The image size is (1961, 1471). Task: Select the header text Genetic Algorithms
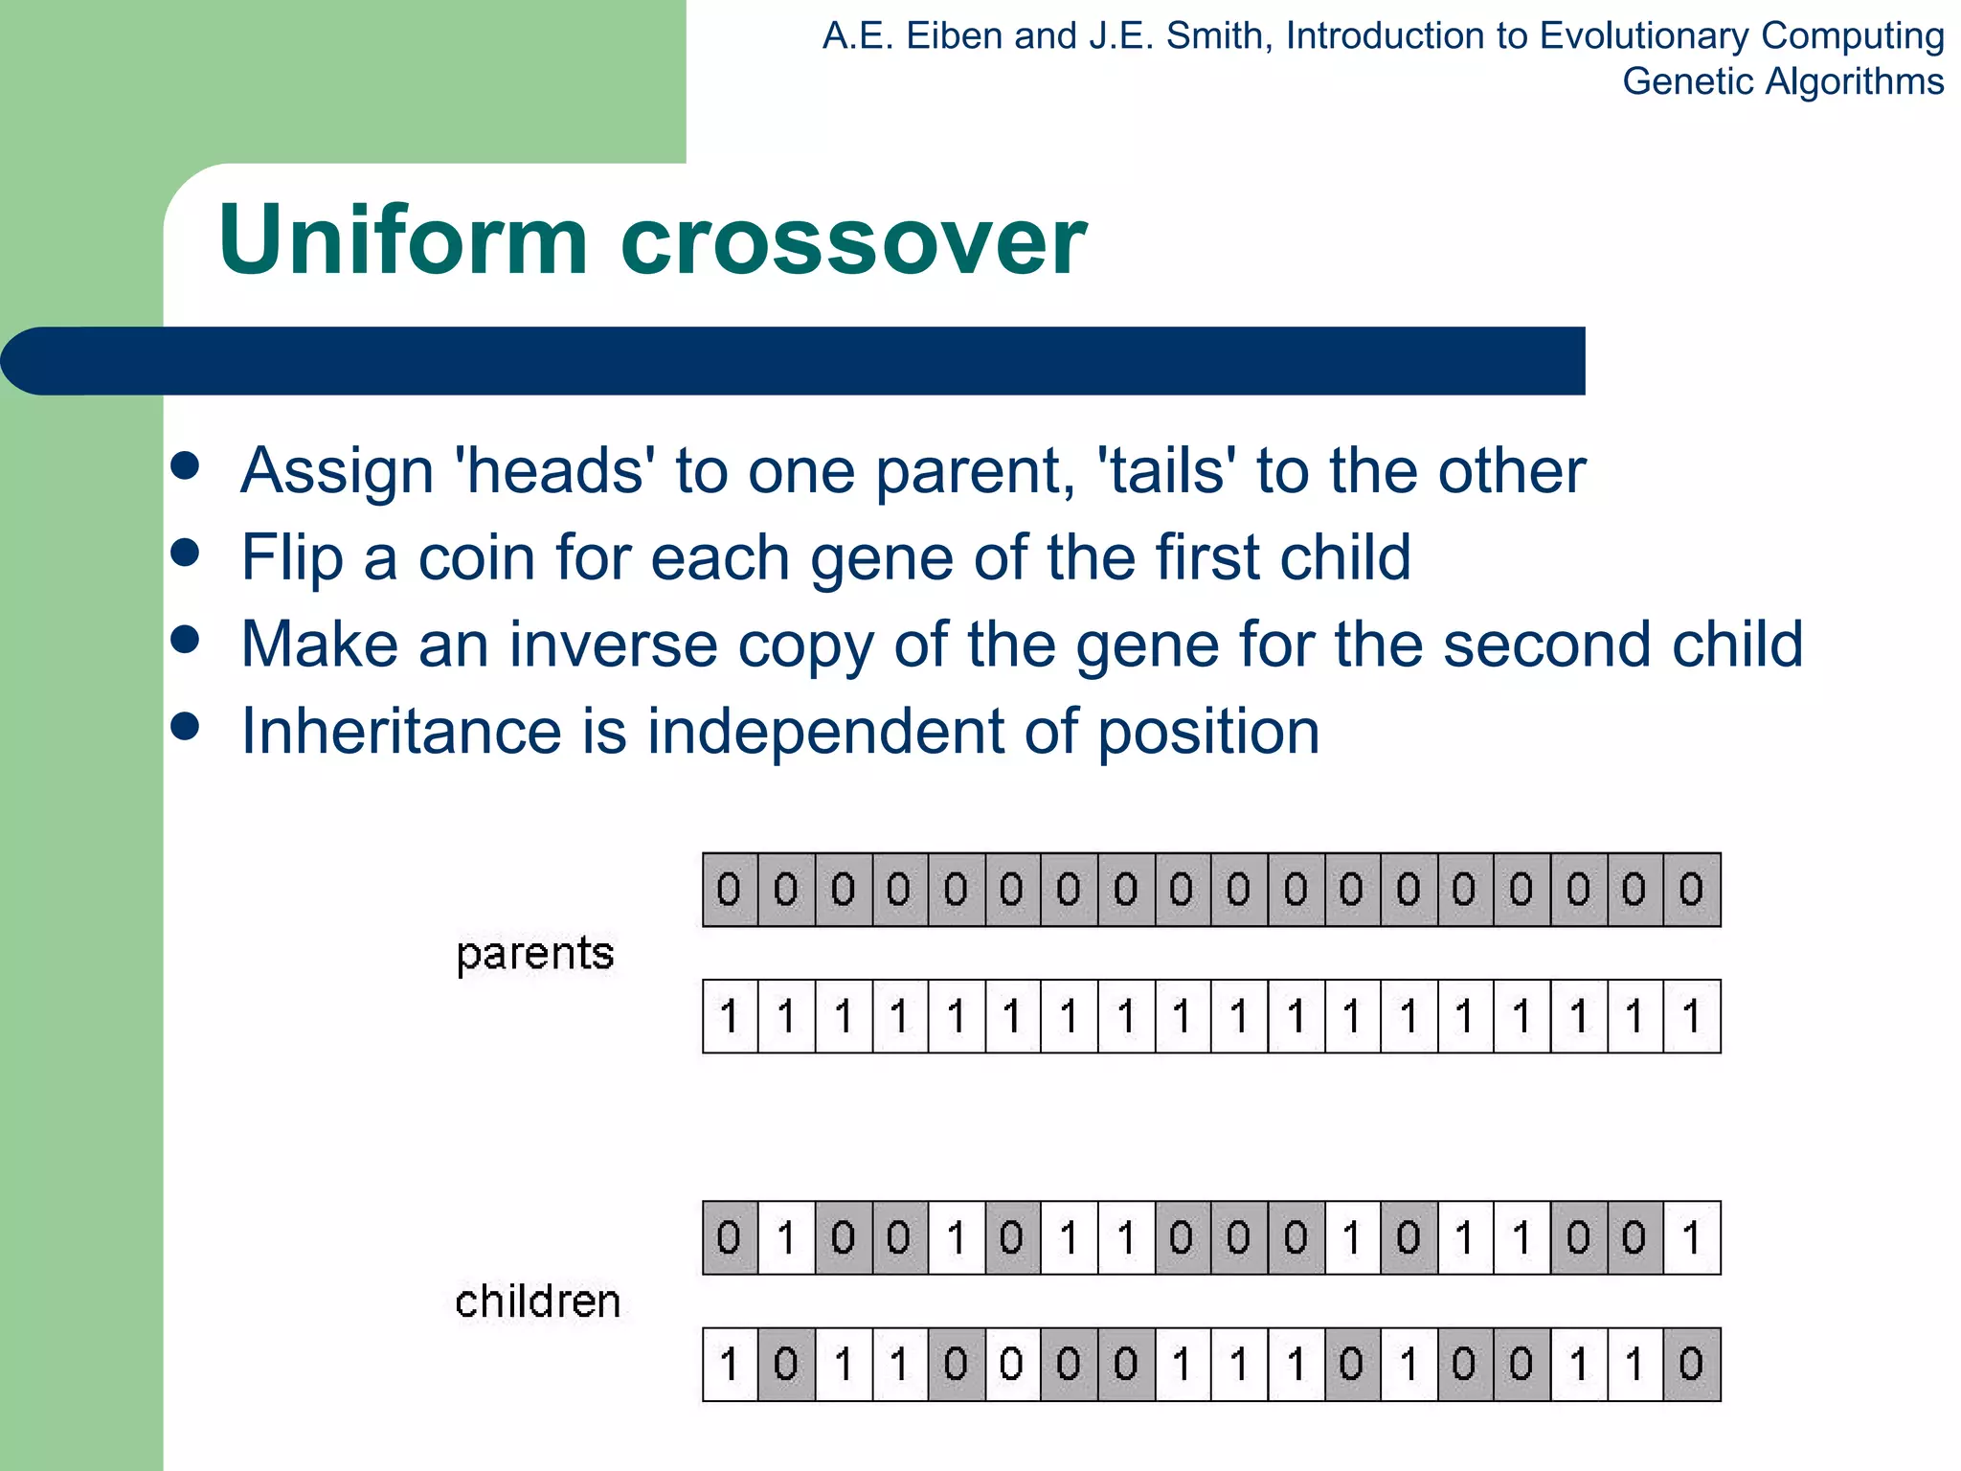pos(1782,82)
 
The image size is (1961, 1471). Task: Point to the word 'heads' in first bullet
pos(554,471)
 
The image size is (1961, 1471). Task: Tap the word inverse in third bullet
pos(613,645)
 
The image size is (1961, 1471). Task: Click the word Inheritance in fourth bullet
pos(400,732)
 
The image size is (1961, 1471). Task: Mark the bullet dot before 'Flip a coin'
pos(185,553)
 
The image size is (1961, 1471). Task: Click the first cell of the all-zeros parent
pos(730,891)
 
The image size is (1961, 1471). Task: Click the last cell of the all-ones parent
pos(1692,1017)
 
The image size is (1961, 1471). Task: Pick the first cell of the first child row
pos(730,1238)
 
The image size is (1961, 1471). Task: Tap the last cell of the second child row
pos(1692,1365)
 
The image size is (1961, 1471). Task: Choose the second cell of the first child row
pos(787,1238)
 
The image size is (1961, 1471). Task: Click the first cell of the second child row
pos(730,1365)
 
